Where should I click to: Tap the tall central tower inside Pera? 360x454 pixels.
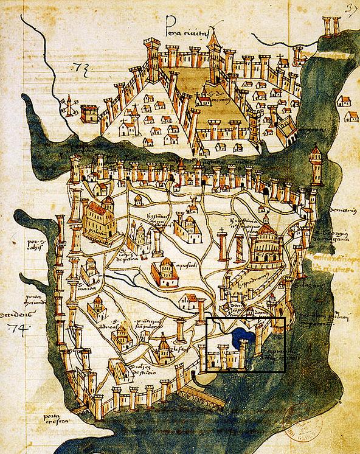(213, 61)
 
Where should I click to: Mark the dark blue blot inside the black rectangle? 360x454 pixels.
(244, 334)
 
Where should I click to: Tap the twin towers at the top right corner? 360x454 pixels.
(332, 28)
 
